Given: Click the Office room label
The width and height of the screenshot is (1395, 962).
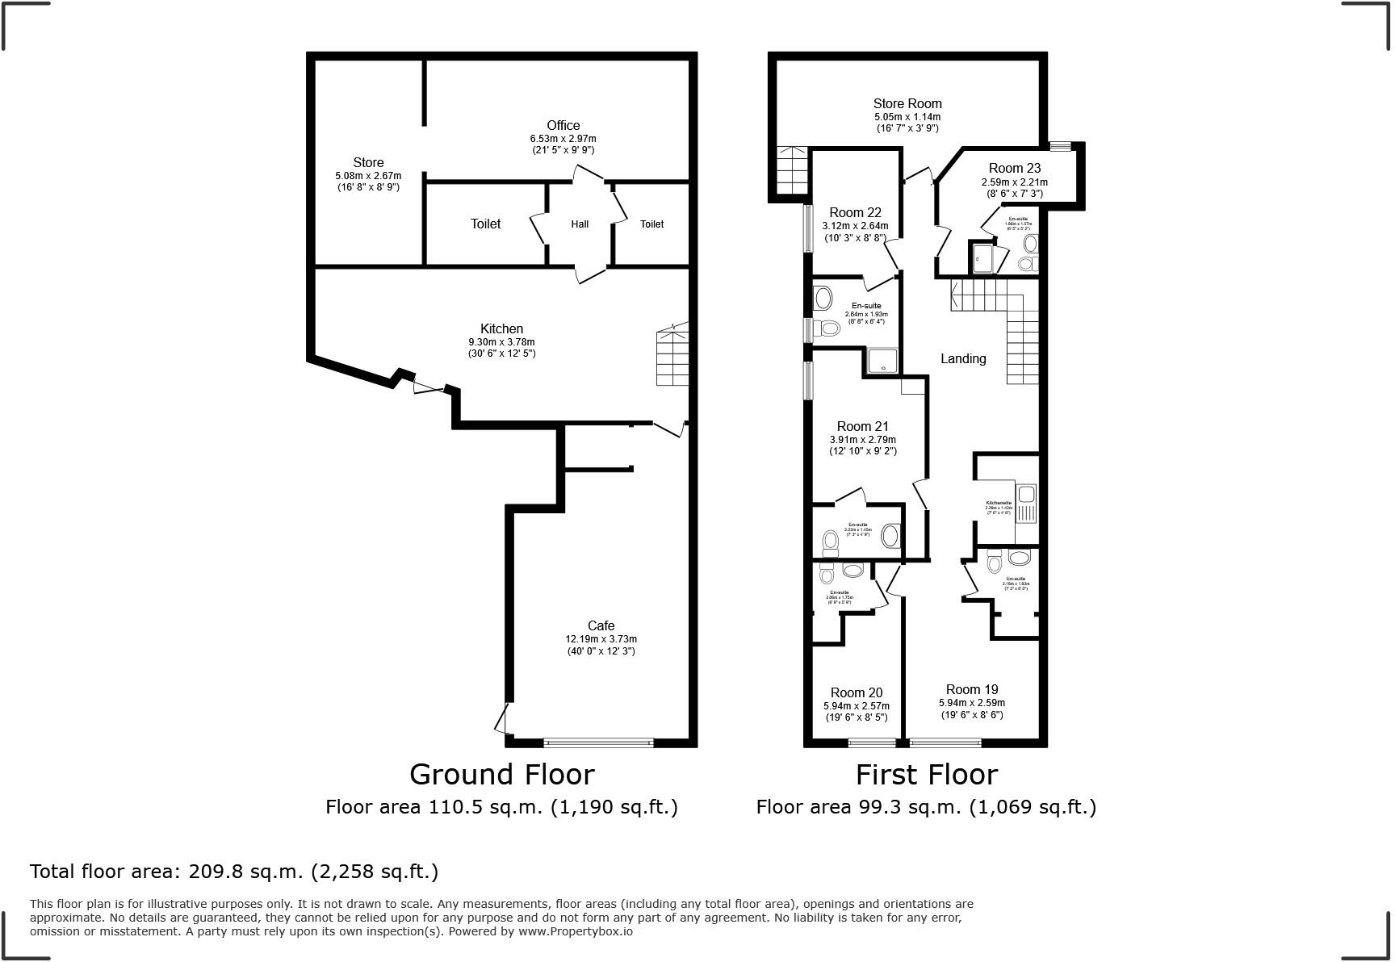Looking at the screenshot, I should click(x=563, y=125).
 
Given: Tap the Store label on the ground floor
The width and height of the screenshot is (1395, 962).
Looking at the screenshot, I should click(x=368, y=162).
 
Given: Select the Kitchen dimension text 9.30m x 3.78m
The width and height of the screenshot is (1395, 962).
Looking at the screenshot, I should click(x=501, y=341).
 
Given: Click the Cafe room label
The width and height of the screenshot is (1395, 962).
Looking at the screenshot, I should click(x=601, y=625).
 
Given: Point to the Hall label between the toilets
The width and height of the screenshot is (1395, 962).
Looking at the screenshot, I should click(x=580, y=224).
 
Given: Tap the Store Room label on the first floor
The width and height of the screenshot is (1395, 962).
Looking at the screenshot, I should click(x=907, y=103).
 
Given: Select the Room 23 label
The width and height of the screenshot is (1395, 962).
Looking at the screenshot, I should click(x=1015, y=168).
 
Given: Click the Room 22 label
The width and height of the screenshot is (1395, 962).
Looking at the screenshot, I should click(x=855, y=212).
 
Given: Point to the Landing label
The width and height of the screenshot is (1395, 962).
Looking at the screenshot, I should click(x=963, y=358).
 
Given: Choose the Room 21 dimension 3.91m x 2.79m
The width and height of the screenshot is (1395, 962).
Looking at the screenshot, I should click(x=863, y=440).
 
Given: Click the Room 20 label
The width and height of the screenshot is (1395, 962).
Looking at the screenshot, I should click(x=857, y=692).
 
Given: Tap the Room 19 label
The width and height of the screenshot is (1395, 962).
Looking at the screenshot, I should click(x=972, y=689).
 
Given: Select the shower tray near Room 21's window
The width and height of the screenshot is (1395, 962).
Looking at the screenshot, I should click(x=883, y=362).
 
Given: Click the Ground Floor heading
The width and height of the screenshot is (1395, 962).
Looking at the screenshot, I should click(x=501, y=775).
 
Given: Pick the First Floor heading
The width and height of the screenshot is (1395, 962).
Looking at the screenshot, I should click(x=926, y=775).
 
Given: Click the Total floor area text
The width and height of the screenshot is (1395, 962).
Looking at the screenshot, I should click(x=234, y=872).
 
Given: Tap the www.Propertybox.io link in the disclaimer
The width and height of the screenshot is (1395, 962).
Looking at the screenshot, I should click(x=575, y=931).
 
